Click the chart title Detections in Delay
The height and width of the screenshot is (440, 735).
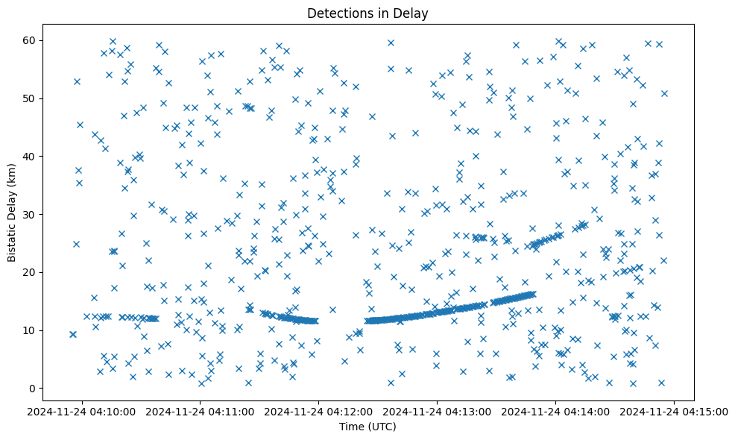coord(367,13)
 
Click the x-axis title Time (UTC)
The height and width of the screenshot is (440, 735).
coord(367,427)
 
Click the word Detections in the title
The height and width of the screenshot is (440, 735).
coord(340,13)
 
